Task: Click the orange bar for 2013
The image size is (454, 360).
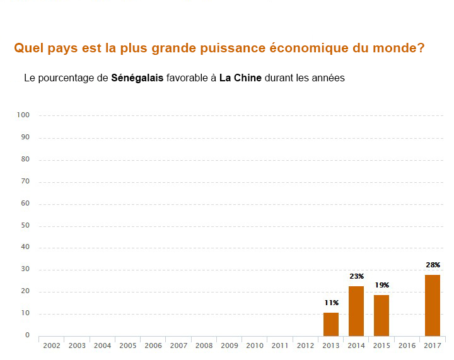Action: point(331,324)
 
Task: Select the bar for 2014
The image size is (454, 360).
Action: point(356,311)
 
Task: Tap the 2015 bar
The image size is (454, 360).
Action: point(381,315)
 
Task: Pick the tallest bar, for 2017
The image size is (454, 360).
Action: point(433,305)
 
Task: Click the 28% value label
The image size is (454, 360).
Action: point(433,265)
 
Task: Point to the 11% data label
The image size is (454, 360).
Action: point(331,303)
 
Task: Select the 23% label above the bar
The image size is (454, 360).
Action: point(356,277)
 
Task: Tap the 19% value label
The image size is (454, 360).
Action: point(381,286)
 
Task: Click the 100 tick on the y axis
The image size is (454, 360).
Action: point(24,115)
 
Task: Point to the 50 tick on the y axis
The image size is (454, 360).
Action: point(26,226)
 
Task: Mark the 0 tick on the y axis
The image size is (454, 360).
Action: point(28,335)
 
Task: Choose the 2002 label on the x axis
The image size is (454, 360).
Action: point(52,345)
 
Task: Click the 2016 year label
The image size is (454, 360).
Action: point(407,345)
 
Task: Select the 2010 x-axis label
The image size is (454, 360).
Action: point(255,345)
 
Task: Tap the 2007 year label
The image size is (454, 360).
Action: point(178,345)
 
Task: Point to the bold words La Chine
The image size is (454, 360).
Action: point(240,79)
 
